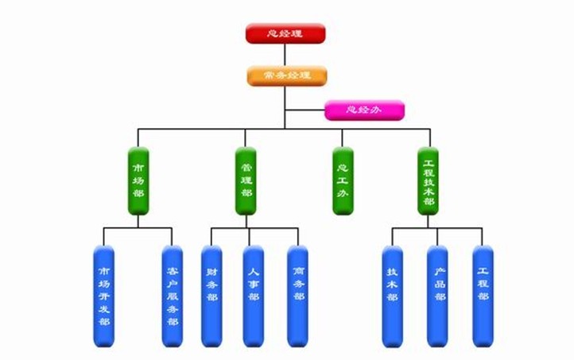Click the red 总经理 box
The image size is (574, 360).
coord(285,33)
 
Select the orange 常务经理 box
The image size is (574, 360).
coord(285,75)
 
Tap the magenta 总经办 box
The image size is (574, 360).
coord(364,110)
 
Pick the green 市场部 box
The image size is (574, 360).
coord(138,180)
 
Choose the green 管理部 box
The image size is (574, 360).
coord(246,180)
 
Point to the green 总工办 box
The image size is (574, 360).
coord(343,180)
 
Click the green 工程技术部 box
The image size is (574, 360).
coord(429,180)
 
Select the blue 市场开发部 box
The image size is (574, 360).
coord(103,296)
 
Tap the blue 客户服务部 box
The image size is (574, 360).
coord(172,296)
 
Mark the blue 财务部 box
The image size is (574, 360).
coord(211,296)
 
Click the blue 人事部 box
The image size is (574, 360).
coord(253,296)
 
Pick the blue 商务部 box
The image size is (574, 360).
coord(297,296)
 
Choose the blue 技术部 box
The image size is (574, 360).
coord(392,296)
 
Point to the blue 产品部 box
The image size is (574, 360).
coord(437,296)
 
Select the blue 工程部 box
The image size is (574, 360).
coord(483,296)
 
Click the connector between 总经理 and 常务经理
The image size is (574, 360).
coord(285,54)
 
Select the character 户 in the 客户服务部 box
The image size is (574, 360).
coord(172,282)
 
